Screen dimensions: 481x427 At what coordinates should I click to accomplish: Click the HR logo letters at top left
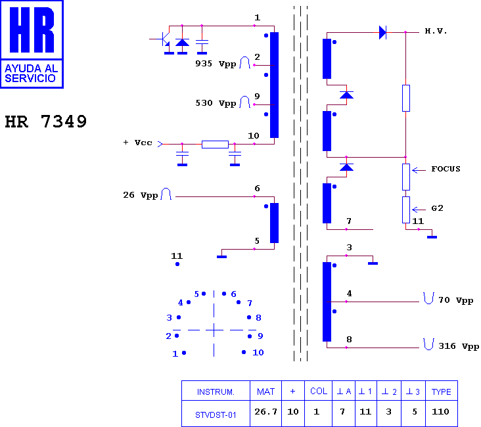coord(32,30)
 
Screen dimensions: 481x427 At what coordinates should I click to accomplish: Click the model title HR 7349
coord(46,122)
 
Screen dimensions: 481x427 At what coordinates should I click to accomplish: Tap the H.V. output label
coord(436,31)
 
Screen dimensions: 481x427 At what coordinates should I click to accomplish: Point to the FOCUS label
coord(446,169)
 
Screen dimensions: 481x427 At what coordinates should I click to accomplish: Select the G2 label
coord(437,208)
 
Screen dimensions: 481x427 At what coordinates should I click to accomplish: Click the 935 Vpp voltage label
coord(216,64)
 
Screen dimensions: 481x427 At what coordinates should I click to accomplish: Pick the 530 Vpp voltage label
coord(216,103)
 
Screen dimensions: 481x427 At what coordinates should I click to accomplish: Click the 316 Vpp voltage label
coord(459,346)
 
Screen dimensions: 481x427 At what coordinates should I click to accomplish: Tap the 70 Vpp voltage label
coord(456,300)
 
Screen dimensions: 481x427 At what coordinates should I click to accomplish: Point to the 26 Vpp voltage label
coord(141,195)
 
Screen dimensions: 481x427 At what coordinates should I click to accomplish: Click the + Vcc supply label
coord(137,143)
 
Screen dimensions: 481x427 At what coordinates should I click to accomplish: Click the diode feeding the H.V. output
coord(382,32)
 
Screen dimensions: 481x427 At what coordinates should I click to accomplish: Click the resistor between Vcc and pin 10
coord(215,144)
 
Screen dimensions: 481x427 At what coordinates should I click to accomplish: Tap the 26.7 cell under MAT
coord(265,411)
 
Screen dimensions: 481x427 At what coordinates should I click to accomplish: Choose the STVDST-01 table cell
coord(216,415)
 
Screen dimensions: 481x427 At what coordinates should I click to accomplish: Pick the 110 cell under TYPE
coord(440,411)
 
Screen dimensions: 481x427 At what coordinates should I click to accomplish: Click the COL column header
coord(319,391)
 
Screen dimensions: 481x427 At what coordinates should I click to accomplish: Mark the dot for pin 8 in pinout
coord(249,317)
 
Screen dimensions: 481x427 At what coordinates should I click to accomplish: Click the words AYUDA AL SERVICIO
coord(31,74)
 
